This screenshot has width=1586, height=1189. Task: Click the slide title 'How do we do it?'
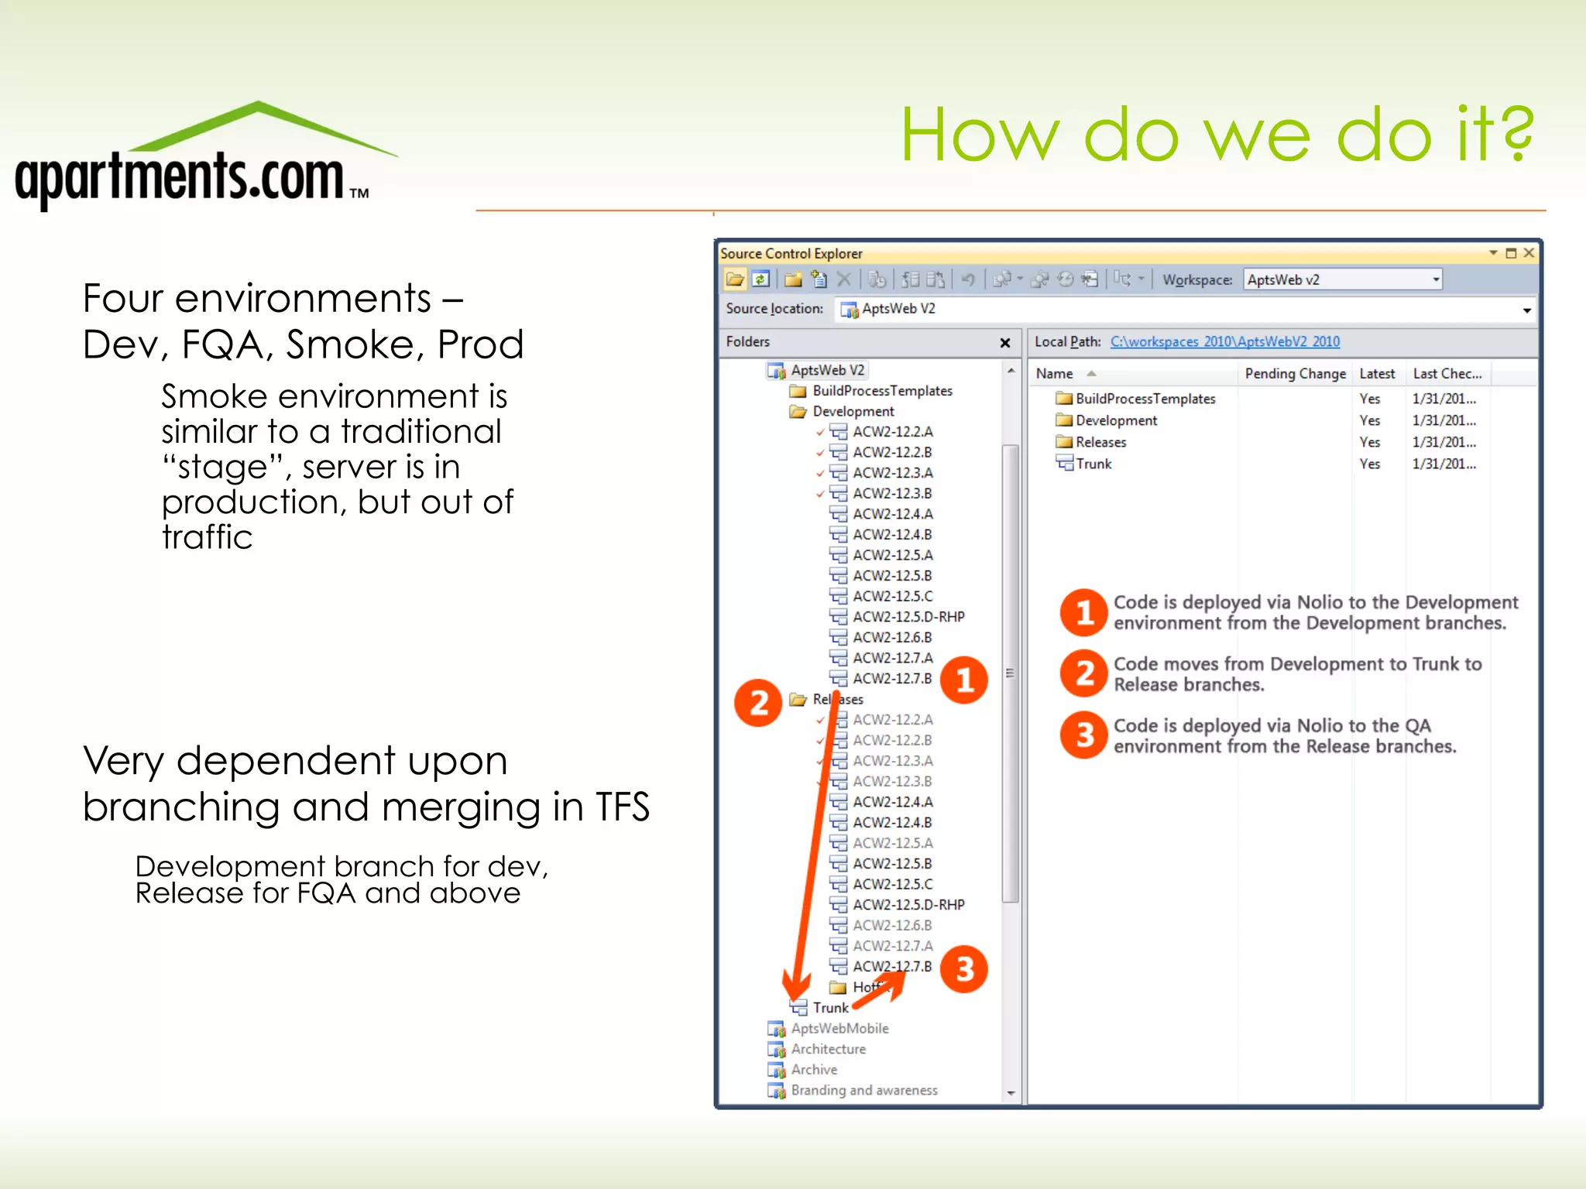(x=1216, y=135)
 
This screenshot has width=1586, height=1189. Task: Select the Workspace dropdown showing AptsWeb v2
(x=1342, y=279)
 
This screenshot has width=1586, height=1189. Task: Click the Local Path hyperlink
(x=1224, y=341)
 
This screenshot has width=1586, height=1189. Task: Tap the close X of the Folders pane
(x=1005, y=343)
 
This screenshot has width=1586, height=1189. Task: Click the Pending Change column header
(x=1295, y=374)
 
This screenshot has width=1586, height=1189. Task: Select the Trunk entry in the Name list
(x=1093, y=464)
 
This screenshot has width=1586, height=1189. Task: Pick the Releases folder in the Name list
(x=1100, y=442)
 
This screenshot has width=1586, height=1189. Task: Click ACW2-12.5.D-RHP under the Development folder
(x=908, y=617)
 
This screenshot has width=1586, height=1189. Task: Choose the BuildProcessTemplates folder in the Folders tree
(x=881, y=391)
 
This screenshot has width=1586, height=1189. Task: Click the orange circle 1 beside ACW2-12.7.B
(x=964, y=680)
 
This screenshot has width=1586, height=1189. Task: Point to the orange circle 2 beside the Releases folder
(x=758, y=703)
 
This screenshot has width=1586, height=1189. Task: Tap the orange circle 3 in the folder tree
(x=964, y=968)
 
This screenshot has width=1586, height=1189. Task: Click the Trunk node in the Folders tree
(x=830, y=1008)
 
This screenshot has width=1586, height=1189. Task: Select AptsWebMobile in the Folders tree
(x=839, y=1028)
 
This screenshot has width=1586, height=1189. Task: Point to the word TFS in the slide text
(x=622, y=807)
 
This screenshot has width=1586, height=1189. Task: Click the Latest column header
(x=1377, y=374)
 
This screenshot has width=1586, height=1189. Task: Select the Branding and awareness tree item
(x=863, y=1090)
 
